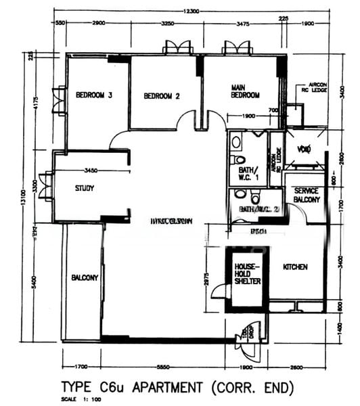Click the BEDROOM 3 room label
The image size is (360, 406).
(93, 95)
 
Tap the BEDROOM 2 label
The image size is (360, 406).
(162, 96)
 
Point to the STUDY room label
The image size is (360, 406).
(85, 189)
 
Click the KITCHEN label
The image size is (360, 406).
(295, 267)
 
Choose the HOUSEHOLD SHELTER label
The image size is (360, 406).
(246, 275)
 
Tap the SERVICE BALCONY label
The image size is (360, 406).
(307, 196)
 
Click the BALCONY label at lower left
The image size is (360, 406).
(85, 277)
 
